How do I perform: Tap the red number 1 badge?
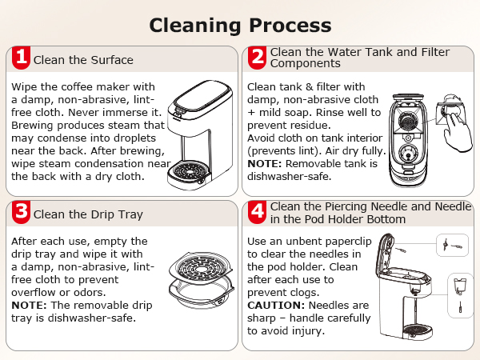[22, 58]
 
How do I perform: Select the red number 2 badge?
[257, 58]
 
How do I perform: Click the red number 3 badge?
[22, 212]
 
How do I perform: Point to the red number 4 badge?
[257, 212]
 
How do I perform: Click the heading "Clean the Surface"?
[83, 60]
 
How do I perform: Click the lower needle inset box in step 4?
[454, 293]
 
